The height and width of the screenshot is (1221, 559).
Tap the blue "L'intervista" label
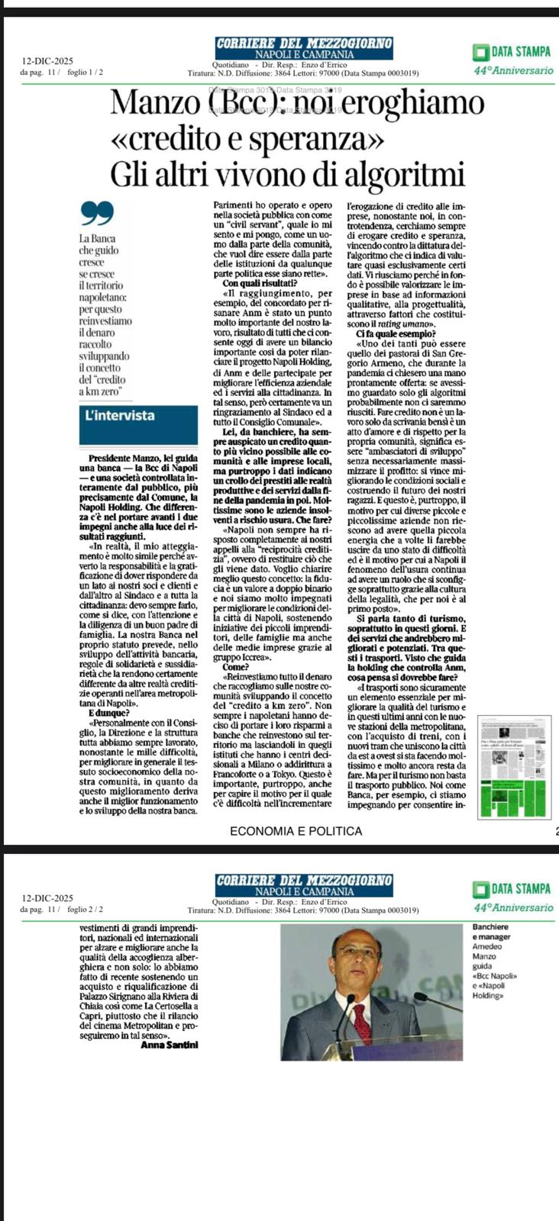coord(119,416)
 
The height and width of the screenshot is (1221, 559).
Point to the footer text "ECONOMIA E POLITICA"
coord(296,830)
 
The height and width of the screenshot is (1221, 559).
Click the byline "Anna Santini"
coord(170,1045)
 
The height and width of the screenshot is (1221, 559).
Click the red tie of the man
coord(360,1020)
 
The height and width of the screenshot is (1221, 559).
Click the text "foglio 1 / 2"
coord(86,72)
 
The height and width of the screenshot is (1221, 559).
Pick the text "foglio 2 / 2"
coord(86,910)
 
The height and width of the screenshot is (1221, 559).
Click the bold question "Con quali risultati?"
coord(248,284)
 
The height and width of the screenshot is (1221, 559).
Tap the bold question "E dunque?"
coord(109,713)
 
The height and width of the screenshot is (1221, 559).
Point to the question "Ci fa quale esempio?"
coord(396,333)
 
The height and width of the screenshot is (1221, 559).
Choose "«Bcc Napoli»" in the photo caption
coord(496,976)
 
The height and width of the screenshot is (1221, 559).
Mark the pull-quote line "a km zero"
coord(101,391)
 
